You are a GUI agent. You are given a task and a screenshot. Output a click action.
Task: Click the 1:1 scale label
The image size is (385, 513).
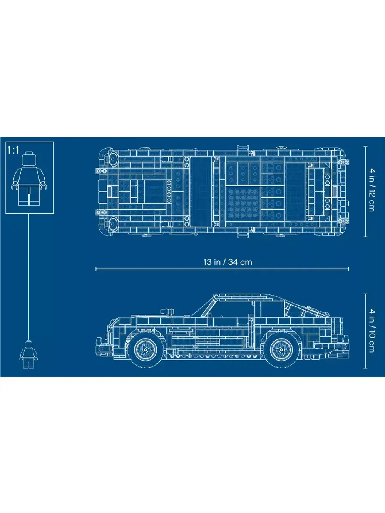(13, 150)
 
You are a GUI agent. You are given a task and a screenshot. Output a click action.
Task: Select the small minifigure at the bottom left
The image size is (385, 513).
(29, 354)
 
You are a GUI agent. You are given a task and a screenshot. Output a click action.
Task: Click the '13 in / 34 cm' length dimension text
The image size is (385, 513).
(228, 262)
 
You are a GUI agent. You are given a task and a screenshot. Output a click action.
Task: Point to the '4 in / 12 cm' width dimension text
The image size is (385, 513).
(371, 189)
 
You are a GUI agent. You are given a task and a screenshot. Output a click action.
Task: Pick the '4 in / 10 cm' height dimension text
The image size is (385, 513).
(371, 330)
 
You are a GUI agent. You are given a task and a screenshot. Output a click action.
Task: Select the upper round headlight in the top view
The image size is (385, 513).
(113, 158)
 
